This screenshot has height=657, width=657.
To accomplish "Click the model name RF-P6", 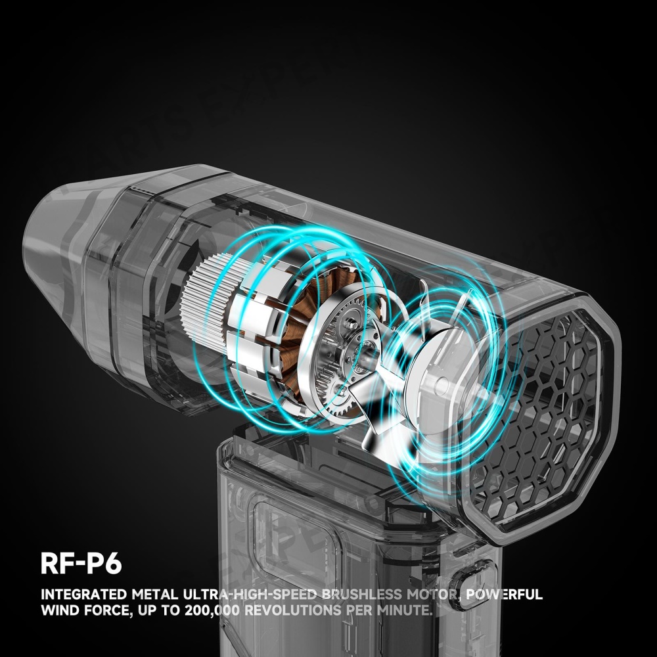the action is (x=81, y=563).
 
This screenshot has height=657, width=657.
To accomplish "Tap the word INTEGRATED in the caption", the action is (x=84, y=594).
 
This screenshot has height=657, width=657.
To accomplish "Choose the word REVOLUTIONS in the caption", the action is (x=293, y=610).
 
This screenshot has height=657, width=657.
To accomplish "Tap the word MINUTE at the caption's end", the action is (x=404, y=610).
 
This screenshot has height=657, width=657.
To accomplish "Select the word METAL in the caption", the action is (x=154, y=594).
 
